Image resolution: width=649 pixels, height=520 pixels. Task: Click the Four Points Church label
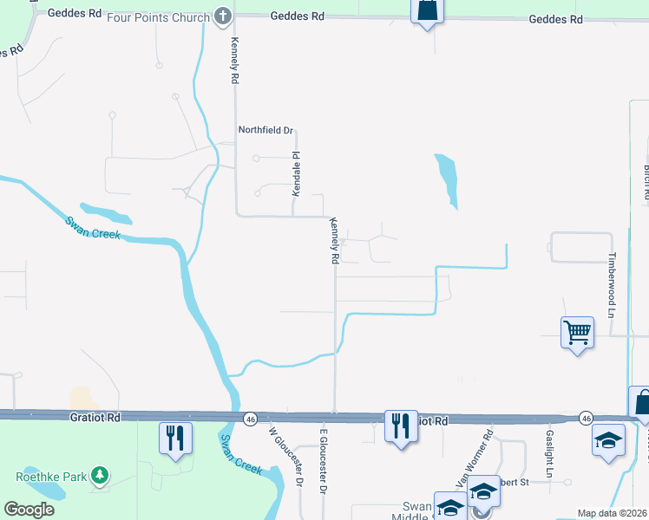(159, 17)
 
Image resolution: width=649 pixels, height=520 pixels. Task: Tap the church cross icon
(224, 16)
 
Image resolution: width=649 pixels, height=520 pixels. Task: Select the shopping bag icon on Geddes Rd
(426, 12)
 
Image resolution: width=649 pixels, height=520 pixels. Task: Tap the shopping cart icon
(577, 331)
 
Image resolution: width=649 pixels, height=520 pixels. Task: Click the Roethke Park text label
(50, 476)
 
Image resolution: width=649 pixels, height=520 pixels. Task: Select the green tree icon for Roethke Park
(102, 475)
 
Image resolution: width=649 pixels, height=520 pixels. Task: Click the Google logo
(29, 509)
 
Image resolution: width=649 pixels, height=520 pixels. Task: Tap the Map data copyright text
(613, 513)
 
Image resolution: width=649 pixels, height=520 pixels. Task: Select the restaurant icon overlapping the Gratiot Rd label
(400, 425)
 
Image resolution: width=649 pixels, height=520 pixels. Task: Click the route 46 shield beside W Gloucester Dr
(250, 419)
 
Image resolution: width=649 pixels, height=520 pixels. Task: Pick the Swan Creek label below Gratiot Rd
(239, 453)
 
